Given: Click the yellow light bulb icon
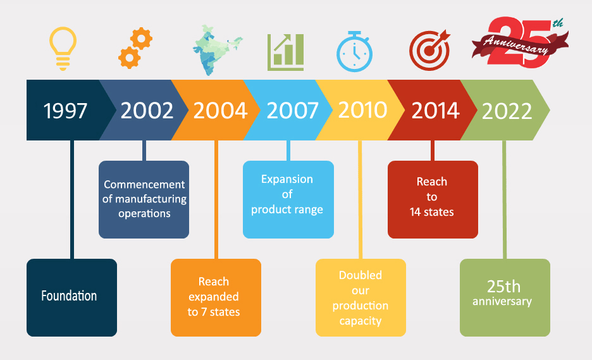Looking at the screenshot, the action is coord(63,48).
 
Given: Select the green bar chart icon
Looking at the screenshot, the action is coord(285,52).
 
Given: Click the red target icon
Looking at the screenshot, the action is coord(429,51).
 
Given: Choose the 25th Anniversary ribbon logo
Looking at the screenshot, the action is coord(520,42).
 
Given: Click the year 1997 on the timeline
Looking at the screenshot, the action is coord(65,111).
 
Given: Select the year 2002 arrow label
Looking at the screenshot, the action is coord(147,111).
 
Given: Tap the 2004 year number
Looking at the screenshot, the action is coord(221,111).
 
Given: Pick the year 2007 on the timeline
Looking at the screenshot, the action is coord(293,111).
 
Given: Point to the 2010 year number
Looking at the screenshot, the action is coord(363,110).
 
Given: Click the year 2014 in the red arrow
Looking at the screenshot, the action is coord(435,111).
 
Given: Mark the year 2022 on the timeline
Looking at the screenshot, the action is coord(507,111).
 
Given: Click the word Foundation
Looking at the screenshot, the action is coord(69,295).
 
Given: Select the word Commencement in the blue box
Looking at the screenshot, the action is coord(144,184).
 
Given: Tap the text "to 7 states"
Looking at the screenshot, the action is coord(214,312).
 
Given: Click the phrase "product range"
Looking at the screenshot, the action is coord(287,209).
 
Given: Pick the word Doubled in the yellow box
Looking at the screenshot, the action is coord(361,275).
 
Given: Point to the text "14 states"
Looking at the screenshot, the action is coord(432,212).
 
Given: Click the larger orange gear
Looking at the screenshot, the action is coord(142,38).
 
